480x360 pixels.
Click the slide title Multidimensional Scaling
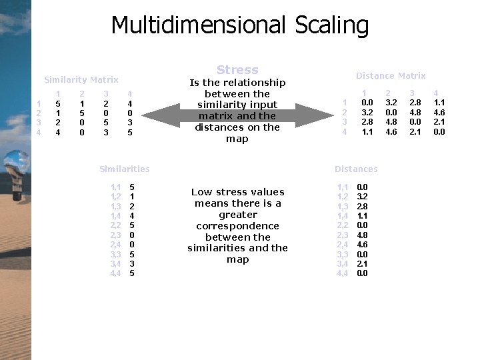[239, 25]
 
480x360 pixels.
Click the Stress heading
[237, 70]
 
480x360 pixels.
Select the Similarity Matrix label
[81, 80]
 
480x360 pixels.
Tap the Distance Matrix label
[391, 76]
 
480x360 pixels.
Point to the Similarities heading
[124, 169]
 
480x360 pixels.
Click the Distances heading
[356, 169]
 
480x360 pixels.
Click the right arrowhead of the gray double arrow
[323, 115]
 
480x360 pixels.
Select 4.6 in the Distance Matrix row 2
[439, 112]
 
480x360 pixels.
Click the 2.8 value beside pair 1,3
[362, 206]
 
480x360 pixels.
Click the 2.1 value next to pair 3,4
[362, 263]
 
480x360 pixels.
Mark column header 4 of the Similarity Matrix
[130, 94]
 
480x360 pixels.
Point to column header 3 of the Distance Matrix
[412, 93]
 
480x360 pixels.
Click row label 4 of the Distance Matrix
[345, 131]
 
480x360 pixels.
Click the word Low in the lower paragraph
[201, 192]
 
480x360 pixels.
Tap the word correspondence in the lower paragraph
[238, 226]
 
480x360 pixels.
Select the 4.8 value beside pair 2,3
[362, 235]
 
